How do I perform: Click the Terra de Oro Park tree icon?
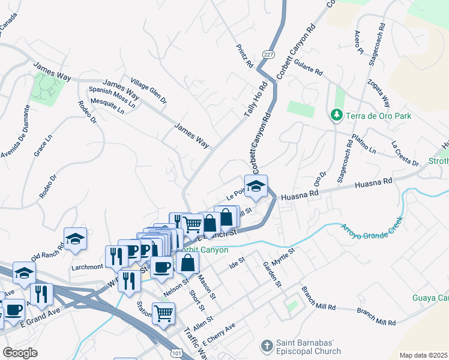click(x=337, y=115)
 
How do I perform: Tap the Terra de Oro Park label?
click(x=373, y=115)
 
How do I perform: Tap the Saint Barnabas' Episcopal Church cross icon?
click(x=266, y=346)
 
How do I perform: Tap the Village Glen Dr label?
click(x=149, y=91)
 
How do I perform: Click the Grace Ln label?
click(x=40, y=145)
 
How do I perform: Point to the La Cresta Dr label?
click(x=405, y=153)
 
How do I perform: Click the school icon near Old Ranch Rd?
click(x=76, y=239)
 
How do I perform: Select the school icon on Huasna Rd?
click(x=256, y=187)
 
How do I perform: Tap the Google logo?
click(x=20, y=353)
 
